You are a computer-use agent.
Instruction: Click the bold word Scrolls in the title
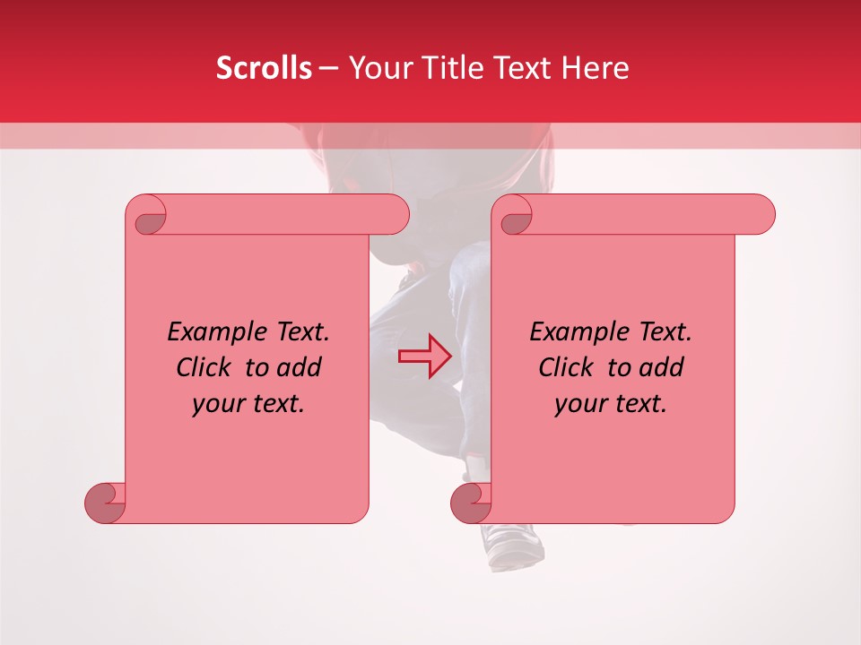pos(264,68)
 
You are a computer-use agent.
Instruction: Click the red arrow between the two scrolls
pos(425,357)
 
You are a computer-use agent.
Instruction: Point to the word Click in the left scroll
pos(207,367)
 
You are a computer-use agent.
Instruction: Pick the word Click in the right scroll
pos(570,367)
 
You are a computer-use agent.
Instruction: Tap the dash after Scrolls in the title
pos(328,68)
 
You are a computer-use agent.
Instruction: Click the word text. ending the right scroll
pos(639,404)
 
